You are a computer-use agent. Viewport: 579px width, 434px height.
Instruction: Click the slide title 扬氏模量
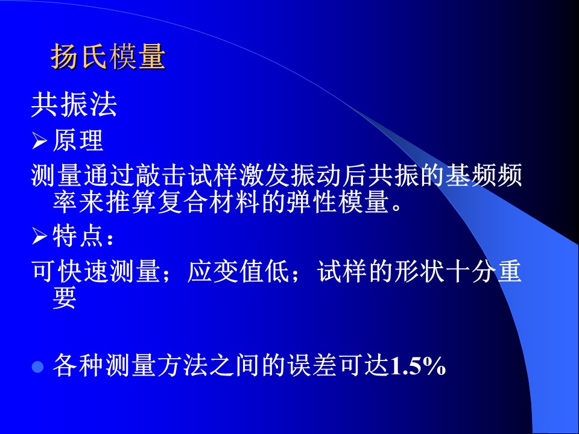coord(108,57)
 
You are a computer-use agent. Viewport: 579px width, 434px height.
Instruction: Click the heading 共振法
coord(74,105)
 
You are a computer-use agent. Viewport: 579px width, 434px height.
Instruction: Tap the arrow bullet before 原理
coord(39,140)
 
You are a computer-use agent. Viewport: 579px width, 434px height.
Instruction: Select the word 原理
coord(78,140)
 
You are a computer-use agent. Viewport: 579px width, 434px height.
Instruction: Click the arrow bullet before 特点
coord(39,236)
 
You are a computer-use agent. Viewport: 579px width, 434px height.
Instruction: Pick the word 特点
coord(78,236)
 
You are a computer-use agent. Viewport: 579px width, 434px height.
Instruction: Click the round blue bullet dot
coord(37,367)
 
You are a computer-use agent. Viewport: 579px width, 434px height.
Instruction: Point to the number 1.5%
coord(418,366)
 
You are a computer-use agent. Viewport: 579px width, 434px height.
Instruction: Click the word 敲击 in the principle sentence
coord(161,175)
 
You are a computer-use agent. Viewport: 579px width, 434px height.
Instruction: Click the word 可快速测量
coord(96,271)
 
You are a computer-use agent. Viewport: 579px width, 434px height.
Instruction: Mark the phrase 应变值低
coord(239,271)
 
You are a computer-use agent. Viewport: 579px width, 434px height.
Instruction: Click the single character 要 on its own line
coord(65,297)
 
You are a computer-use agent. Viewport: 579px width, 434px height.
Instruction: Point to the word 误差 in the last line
coord(312,366)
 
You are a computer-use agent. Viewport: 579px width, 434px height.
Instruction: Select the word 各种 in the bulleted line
coord(78,366)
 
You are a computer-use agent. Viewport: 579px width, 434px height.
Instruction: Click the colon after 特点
coord(110,239)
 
